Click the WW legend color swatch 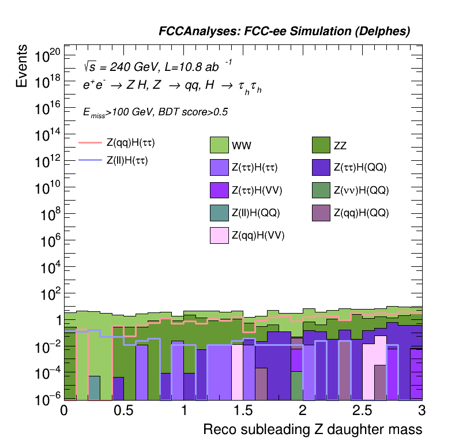pos(220,144)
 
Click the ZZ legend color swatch pos(322,144)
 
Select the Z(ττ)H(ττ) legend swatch pos(220,167)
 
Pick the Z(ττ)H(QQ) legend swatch pos(322,167)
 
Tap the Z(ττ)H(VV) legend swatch pos(220,190)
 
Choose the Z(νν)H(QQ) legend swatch pos(322,190)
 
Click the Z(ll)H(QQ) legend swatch pos(220,212)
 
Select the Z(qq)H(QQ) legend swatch pos(322,212)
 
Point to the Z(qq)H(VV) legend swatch pos(220,235)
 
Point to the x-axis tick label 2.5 pos(363,410)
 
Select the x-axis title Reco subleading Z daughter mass pos(313,429)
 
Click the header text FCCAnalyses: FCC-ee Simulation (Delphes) pos(284,32)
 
